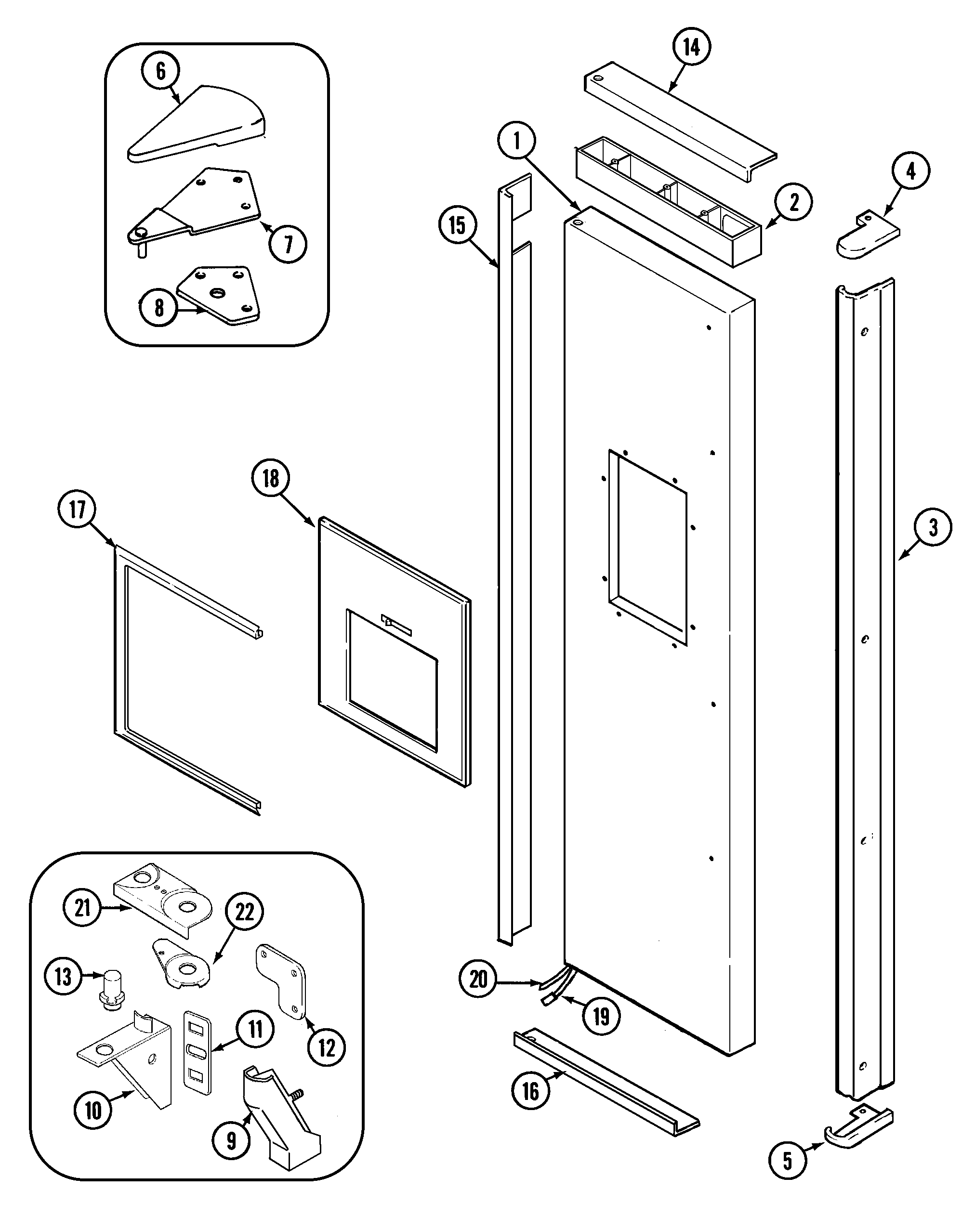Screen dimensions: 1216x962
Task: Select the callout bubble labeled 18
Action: [271, 479]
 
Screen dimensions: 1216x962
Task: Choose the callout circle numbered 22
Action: [244, 913]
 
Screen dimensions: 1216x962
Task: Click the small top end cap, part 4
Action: [866, 235]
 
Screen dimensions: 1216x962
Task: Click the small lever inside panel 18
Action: [395, 622]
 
